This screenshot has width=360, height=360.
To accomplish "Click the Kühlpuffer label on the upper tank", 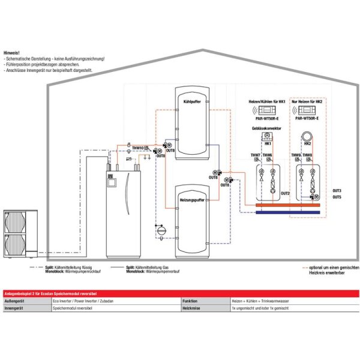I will pyautogui.click(x=191, y=102).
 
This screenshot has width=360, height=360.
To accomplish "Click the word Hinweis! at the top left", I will pyautogui.click(x=11, y=53).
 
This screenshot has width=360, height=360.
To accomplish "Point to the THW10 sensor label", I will pyautogui.click(x=138, y=147).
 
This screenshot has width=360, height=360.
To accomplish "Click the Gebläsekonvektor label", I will pyautogui.click(x=266, y=128).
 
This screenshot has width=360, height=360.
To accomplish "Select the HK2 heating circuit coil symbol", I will pyautogui.click(x=307, y=137).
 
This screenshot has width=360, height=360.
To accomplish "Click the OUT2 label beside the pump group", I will pyautogui.click(x=285, y=193).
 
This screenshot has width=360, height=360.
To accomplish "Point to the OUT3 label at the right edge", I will pyautogui.click(x=337, y=190).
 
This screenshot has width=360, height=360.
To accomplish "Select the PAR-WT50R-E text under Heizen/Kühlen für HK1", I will pyautogui.click(x=267, y=119).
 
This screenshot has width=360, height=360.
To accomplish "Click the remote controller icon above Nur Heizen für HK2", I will pyautogui.click(x=307, y=110).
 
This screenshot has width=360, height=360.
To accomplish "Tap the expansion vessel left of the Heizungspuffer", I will pyautogui.click(x=160, y=229).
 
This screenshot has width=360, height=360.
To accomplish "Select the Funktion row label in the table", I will pyautogui.click(x=191, y=301).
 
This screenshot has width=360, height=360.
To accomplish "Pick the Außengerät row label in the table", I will pyautogui.click(x=14, y=301).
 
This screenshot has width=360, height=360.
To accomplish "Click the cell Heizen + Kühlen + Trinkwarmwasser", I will pyautogui.click(x=260, y=301).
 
